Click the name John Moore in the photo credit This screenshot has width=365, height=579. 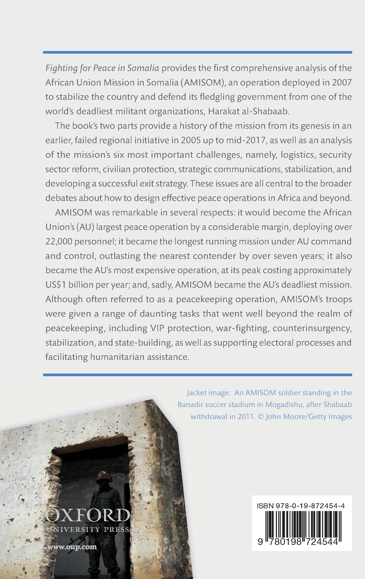(286, 416)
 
